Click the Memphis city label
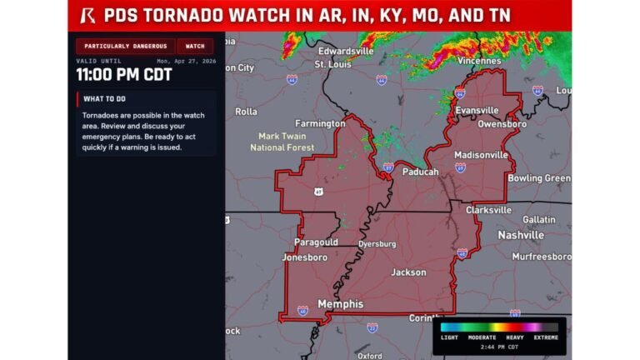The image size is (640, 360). pos(341,304)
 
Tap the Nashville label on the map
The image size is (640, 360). pos(521,235)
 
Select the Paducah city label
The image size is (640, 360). pos(420,172)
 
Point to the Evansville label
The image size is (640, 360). pos(477,110)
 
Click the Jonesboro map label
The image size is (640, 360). pos(304,257)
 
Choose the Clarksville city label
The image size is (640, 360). pos(488,210)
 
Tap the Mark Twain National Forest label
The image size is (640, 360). pos(282,142)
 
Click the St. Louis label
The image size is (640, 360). pos(332,63)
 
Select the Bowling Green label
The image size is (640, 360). pos(539,177)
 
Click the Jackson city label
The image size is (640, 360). pos(408,272)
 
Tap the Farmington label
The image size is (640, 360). pos(320,123)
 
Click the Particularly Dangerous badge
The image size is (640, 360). pos(125,46)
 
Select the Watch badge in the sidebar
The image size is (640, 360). pos(195,46)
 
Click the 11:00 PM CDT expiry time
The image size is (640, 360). pos(124,75)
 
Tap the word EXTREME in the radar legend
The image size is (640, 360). pos(545,337)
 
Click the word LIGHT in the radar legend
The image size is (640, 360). pos(450,337)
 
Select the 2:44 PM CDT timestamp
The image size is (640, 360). pos(500,347)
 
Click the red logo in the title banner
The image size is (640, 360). pos(87,16)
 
